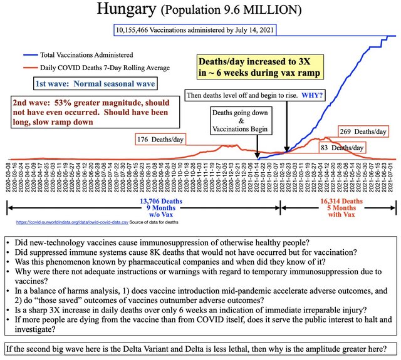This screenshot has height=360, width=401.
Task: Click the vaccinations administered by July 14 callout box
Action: point(192,30)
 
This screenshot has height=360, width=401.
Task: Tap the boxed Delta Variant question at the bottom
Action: point(200,348)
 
